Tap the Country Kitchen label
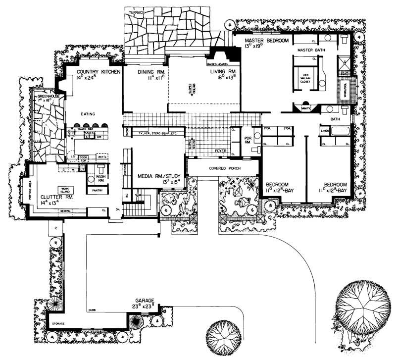click(98, 71)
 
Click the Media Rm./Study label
click(159, 176)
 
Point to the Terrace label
click(137, 10)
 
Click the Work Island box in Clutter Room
click(65, 190)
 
